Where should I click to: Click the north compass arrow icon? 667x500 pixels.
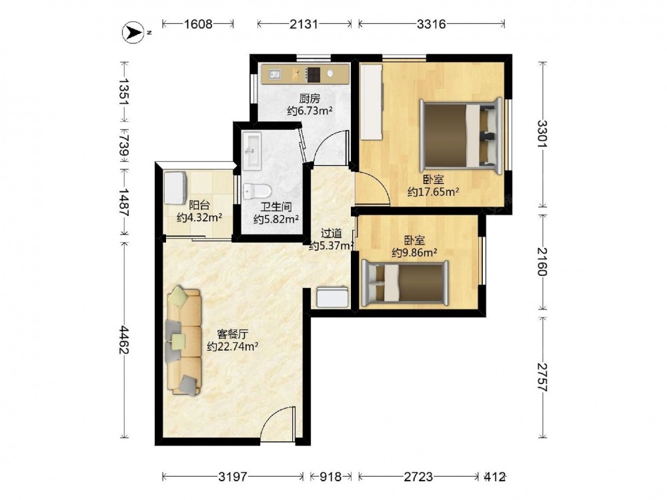(x=133, y=32)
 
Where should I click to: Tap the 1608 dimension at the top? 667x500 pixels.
(x=198, y=24)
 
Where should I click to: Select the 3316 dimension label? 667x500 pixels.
(x=432, y=24)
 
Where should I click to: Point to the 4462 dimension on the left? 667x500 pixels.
(x=124, y=340)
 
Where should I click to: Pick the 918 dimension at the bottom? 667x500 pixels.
(x=331, y=477)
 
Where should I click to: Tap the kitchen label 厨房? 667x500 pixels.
(x=309, y=99)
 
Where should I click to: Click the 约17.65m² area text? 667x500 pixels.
(x=433, y=192)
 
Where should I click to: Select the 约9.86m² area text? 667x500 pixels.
(x=415, y=253)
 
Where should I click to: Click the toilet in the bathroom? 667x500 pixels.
(x=257, y=191)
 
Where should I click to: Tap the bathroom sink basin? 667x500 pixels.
(x=252, y=150)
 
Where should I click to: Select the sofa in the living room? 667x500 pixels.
(x=183, y=341)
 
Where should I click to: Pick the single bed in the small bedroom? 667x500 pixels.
(x=405, y=283)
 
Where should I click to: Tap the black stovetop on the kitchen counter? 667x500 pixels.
(x=314, y=75)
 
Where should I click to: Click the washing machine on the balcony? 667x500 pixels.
(x=175, y=188)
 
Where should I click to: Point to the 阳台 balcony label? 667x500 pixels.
(x=199, y=205)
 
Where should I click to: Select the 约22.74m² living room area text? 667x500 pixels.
(x=233, y=347)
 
